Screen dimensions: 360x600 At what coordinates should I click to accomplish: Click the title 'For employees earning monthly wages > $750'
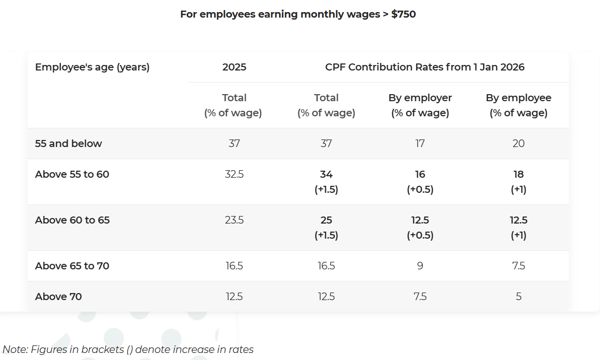298,14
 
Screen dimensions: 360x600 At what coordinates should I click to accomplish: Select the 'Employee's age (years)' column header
92,67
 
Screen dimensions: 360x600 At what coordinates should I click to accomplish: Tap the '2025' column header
234,67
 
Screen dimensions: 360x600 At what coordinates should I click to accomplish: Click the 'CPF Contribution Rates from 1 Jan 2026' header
425,67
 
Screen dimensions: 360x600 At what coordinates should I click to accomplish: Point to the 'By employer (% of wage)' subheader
420,105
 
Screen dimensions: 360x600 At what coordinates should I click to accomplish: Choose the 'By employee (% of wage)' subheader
518,105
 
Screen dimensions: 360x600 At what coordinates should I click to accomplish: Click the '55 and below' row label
68,143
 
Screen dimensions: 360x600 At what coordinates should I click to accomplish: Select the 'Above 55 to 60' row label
72,174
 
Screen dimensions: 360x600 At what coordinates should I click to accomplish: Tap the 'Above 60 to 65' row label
72,220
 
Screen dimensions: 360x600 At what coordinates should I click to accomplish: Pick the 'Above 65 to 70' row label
72,266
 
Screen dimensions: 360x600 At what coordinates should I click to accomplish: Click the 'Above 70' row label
58,297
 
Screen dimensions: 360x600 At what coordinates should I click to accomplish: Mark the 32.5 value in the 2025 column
234,174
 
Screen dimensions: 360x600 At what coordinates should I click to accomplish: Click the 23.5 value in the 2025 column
234,220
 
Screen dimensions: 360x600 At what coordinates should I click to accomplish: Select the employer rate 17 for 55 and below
420,143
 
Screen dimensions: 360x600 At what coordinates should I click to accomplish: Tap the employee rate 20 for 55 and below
518,143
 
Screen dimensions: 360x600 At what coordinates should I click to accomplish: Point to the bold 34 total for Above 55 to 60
326,174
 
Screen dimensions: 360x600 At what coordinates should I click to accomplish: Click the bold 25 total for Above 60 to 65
326,220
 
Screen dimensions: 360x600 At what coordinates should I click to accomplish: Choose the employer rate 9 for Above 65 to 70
420,266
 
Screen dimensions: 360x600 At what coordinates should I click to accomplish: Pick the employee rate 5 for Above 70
518,297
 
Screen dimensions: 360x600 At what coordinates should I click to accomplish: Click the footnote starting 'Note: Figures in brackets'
128,349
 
